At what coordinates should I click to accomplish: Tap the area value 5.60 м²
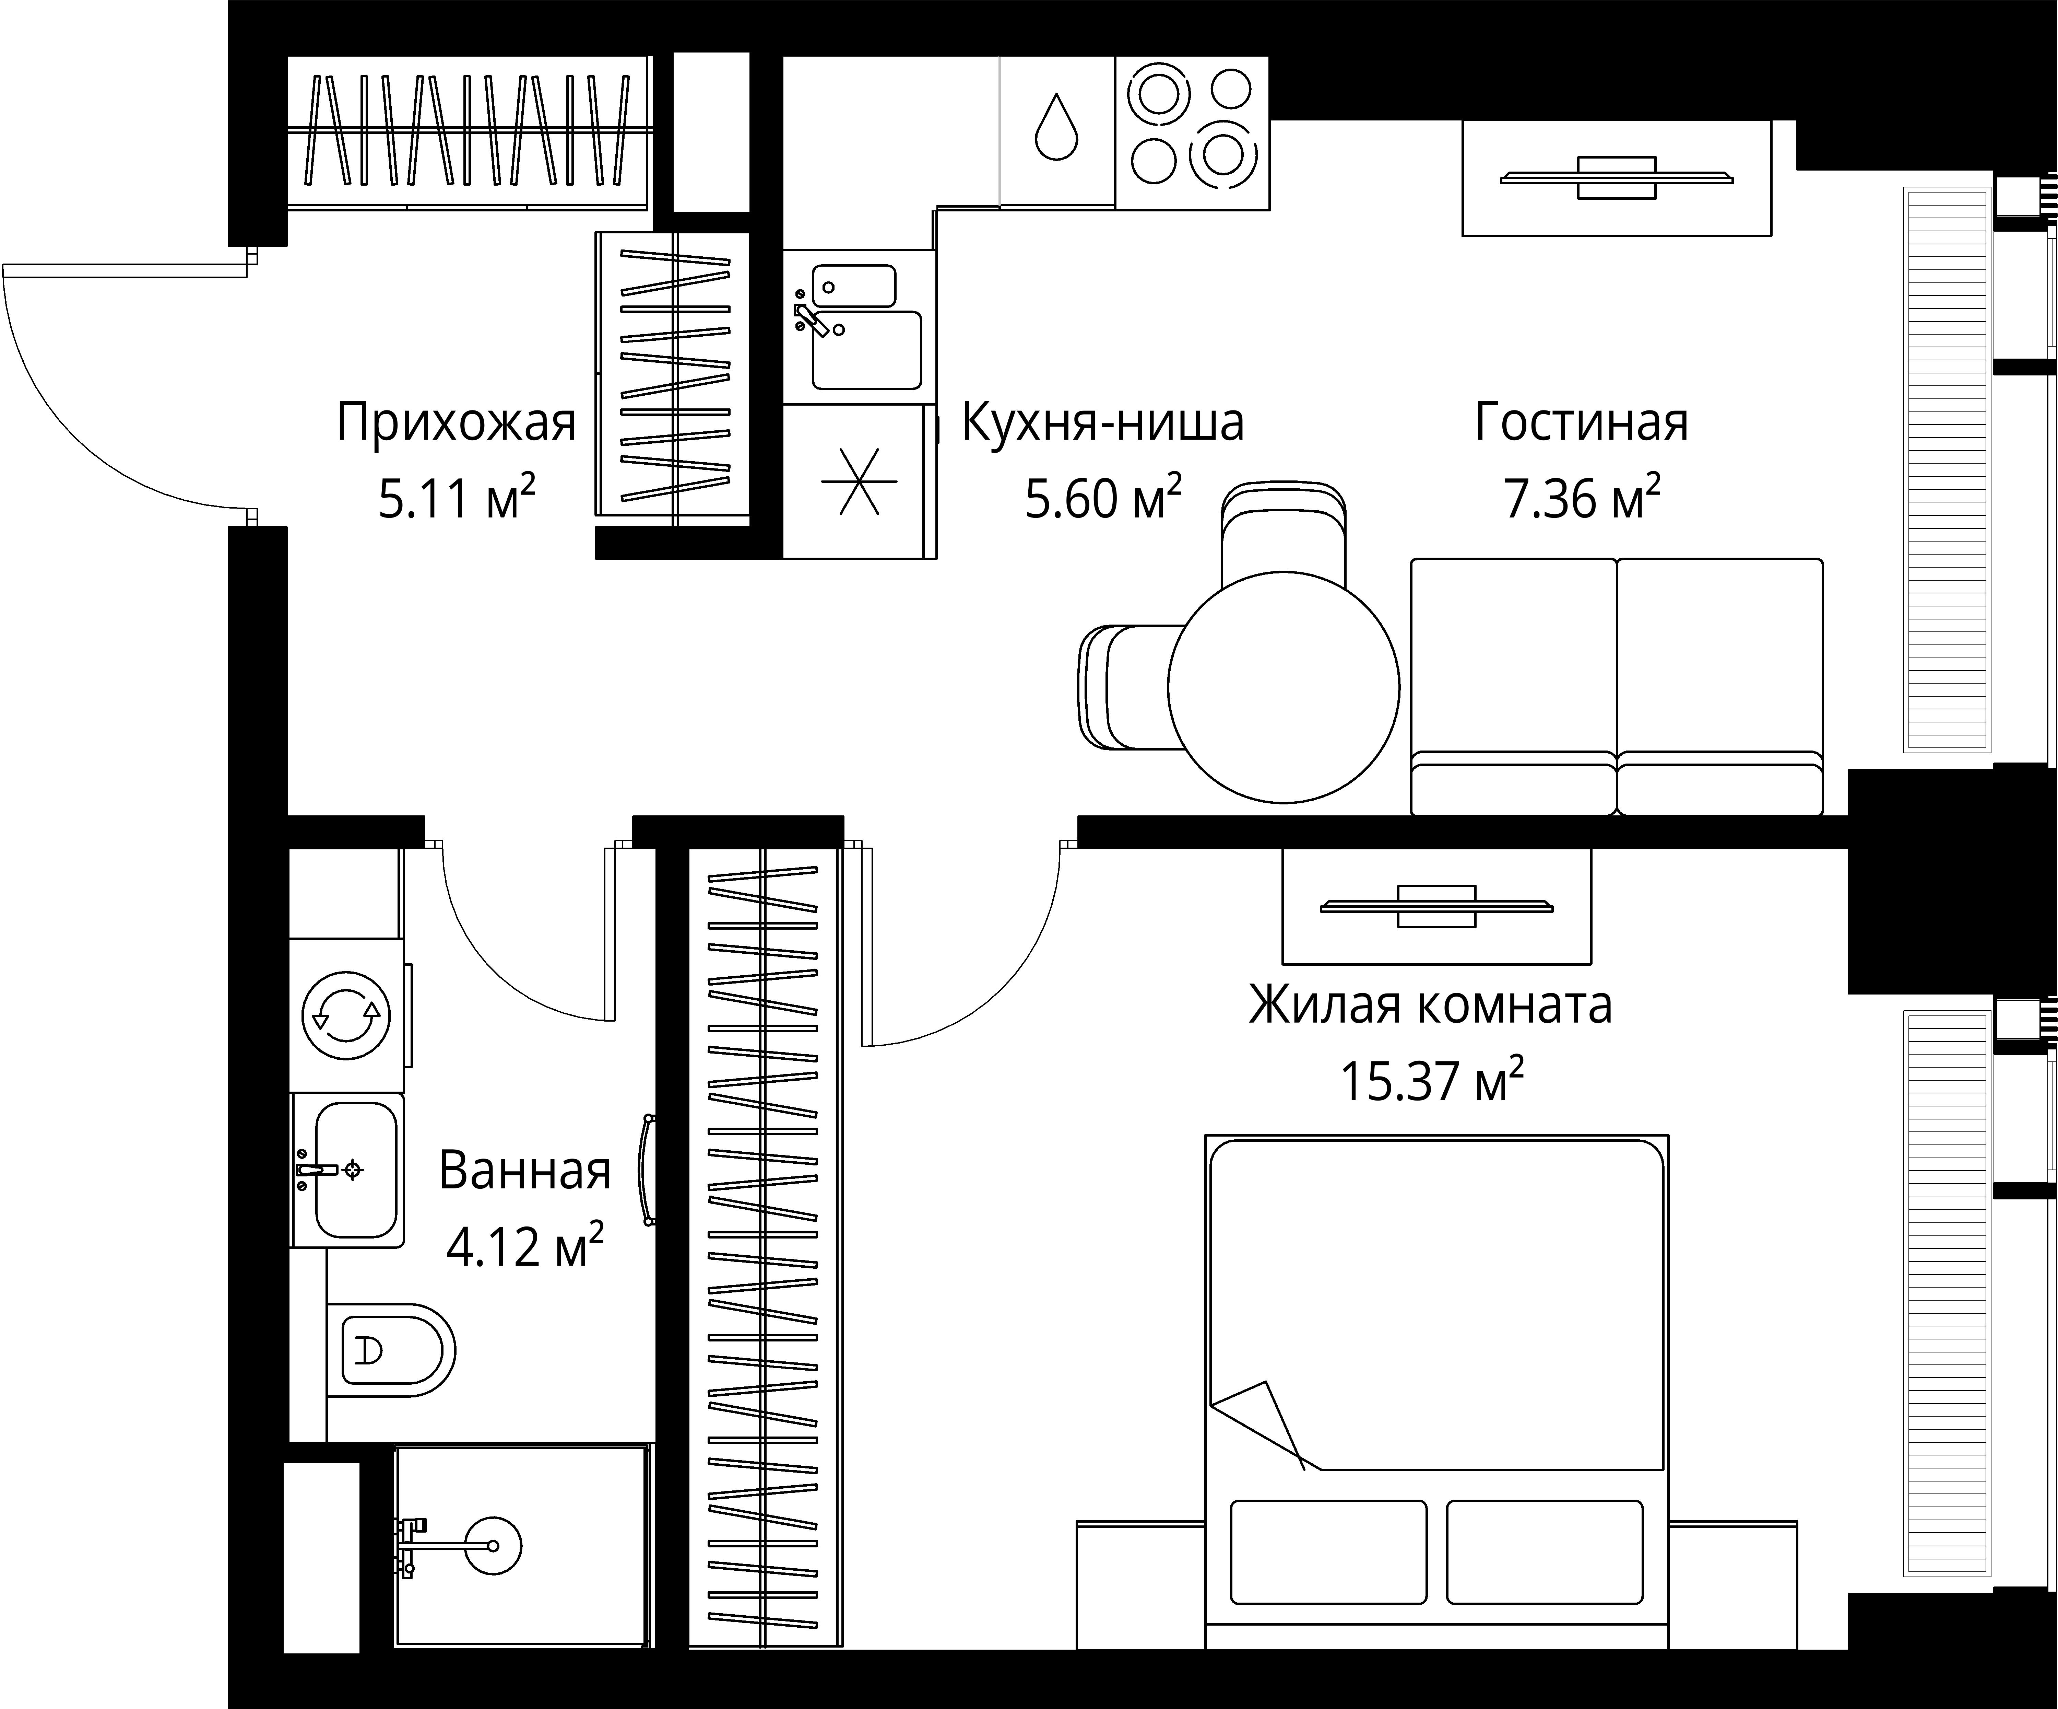click(1102, 499)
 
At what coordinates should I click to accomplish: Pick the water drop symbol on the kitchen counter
click(1056, 127)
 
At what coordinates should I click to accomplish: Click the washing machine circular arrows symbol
click(346, 1016)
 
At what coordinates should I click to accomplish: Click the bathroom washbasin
click(355, 1169)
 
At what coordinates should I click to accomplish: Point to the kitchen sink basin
click(866, 350)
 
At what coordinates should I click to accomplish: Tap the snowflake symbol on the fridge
click(858, 481)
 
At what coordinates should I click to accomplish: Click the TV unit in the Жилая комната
click(1436, 906)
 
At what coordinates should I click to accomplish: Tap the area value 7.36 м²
click(1581, 499)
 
